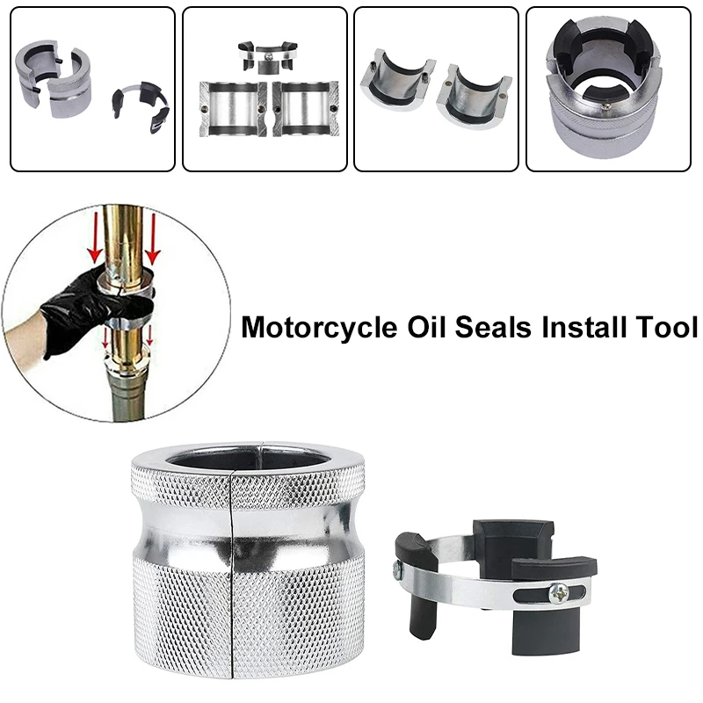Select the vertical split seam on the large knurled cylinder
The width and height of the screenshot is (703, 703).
pos(230,571)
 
